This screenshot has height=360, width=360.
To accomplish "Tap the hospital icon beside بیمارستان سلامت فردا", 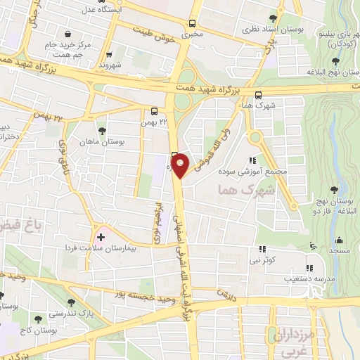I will [99, 236].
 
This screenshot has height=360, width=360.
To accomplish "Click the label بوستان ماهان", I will [103, 141].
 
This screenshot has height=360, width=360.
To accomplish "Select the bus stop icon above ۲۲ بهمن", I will [154, 110].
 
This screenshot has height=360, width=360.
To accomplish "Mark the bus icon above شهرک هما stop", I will [259, 96].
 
